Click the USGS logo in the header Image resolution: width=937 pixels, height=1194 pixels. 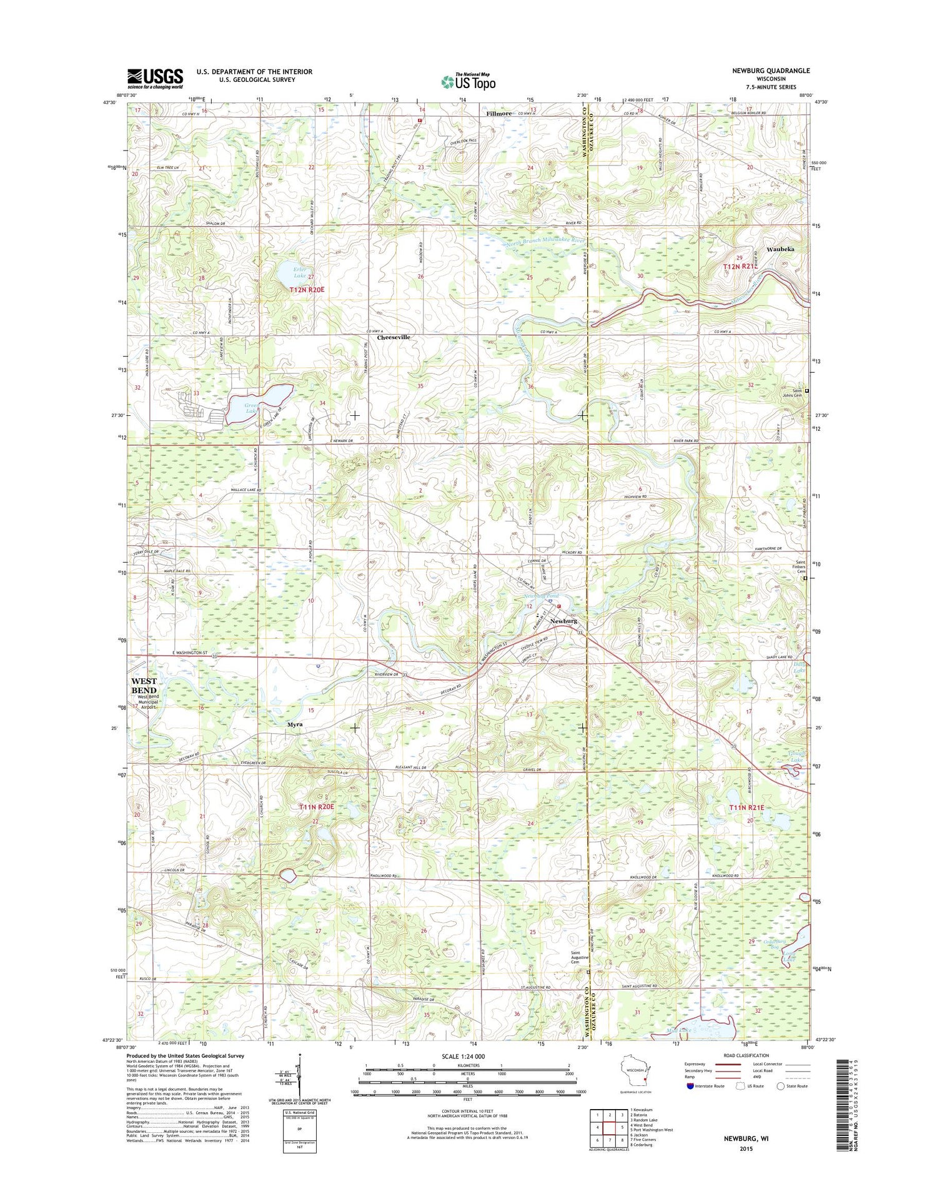156,79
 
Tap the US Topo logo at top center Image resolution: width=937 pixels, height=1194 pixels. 468,81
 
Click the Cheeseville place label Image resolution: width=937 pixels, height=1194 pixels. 394,337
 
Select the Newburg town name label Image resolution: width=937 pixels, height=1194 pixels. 563,621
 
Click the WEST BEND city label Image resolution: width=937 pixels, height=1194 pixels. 144,686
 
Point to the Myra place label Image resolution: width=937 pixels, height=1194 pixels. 294,724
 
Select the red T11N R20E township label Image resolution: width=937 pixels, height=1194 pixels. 317,807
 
